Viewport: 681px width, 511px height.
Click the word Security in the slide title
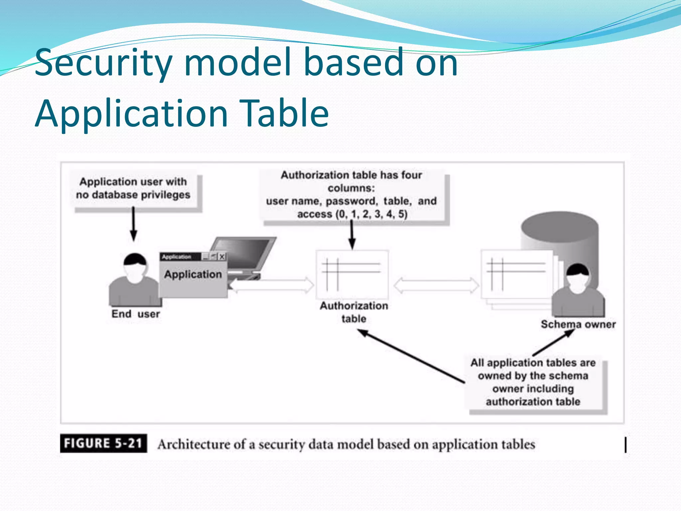[103, 63]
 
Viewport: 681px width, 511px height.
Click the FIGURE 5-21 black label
[103, 443]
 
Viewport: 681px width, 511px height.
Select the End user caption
[135, 314]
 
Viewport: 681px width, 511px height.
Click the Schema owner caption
[578, 324]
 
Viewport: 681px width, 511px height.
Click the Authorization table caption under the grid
[354, 312]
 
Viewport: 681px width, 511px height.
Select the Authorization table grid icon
[352, 274]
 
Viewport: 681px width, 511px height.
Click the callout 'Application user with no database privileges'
[133, 188]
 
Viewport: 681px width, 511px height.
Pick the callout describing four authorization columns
[351, 194]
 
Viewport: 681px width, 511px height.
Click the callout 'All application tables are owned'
[533, 382]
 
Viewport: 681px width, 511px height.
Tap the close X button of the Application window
[222, 256]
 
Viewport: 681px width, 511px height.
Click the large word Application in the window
[193, 274]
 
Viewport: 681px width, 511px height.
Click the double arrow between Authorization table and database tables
[436, 285]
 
